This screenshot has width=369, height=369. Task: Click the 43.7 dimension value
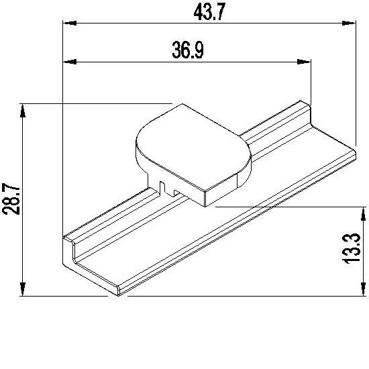209,12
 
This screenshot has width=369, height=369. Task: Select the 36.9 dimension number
188,50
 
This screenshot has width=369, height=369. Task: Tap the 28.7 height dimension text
11,199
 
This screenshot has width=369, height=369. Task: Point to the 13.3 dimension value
351,249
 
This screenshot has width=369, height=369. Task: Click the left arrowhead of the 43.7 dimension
70,23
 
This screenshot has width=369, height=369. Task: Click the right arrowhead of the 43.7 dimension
349,23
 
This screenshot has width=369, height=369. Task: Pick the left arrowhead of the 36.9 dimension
70,62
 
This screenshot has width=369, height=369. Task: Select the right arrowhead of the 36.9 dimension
304,62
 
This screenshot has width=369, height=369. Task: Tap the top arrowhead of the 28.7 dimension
23,111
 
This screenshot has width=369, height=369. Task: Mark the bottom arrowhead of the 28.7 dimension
23,289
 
